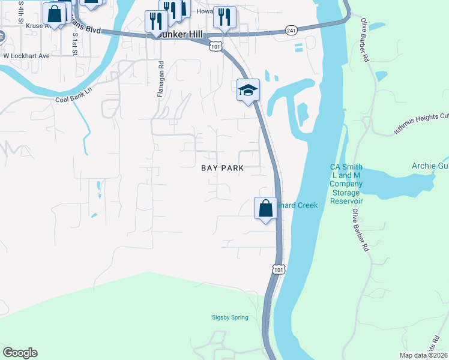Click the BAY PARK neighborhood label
pos(222,169)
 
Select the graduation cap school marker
pos(248,91)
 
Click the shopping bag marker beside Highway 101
pos(265,209)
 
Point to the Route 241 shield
pos(291,30)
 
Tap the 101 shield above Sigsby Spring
pos(277,269)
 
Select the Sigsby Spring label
pos(230,317)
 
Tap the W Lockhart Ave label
pos(26,55)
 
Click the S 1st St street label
pos(75,44)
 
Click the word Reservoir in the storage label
pos(345,201)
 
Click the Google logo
pos(20,353)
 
